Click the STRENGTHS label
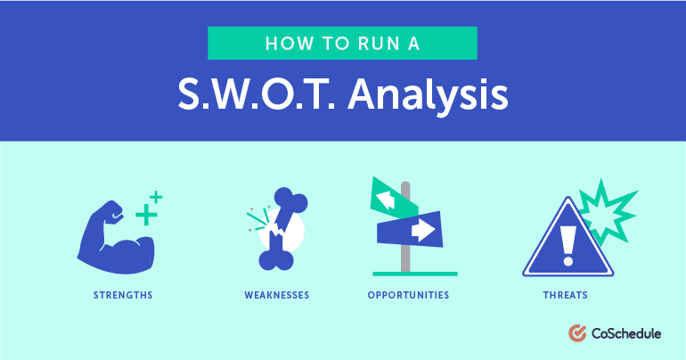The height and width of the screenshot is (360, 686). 123,295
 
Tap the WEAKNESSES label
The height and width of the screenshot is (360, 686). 277,295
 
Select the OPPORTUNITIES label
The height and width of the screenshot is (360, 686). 408,295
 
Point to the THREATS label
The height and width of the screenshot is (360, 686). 565,295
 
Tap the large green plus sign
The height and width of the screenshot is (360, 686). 146,215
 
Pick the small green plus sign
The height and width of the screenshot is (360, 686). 156,197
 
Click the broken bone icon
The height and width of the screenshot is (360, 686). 280,229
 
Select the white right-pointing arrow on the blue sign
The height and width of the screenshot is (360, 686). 423,230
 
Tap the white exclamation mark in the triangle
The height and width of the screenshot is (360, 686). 568,246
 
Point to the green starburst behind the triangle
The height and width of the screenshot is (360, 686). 608,211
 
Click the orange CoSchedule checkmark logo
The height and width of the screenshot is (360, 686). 577,333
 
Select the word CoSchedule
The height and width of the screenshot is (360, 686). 626,334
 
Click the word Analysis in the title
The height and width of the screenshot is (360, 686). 428,94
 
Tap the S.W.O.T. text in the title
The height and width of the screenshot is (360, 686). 257,94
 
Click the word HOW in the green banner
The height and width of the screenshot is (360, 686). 290,44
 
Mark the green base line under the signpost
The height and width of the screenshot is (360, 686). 415,274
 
